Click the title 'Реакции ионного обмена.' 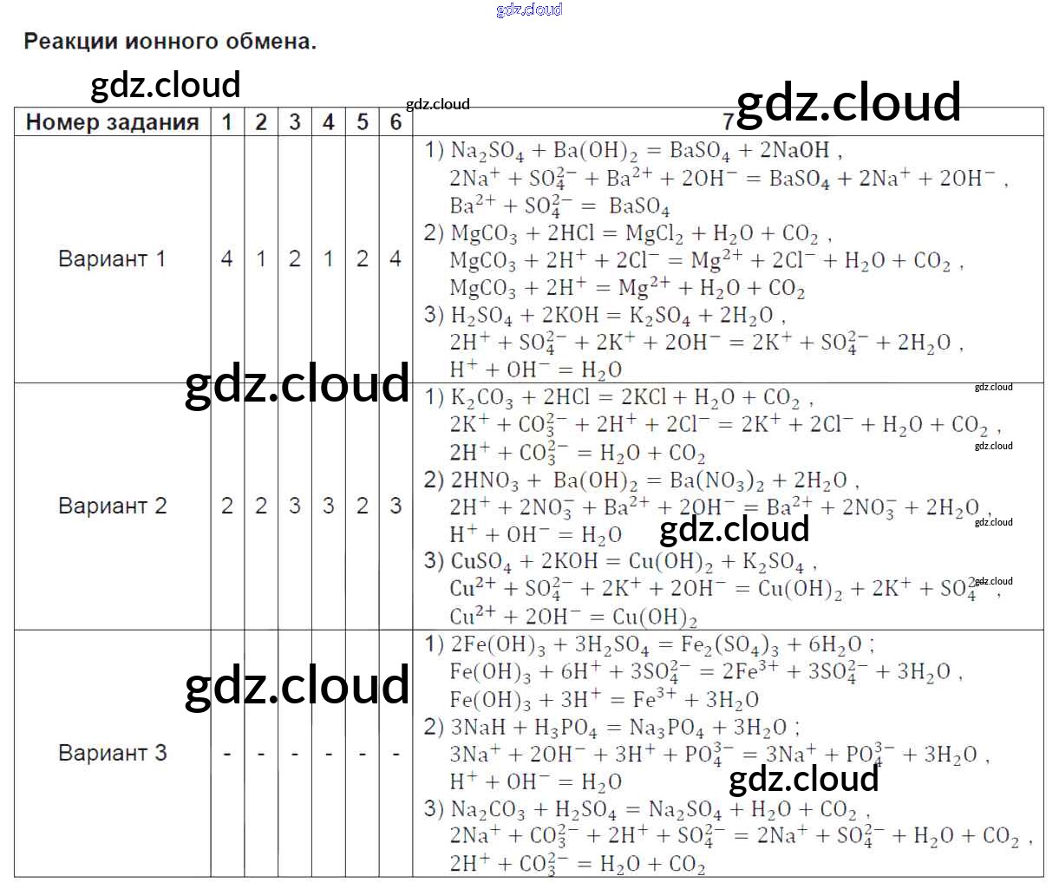170,41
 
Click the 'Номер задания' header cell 113,122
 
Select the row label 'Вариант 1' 112,258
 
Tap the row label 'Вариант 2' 112,506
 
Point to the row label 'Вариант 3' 112,752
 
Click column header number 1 227,122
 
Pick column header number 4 328,122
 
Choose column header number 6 395,122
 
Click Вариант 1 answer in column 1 227,258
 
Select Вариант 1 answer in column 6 395,258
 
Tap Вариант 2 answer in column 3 295,506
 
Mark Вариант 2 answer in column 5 363,506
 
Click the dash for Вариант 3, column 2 261,754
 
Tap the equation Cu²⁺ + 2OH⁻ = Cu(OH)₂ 573,617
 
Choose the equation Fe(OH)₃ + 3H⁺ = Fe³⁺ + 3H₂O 605,699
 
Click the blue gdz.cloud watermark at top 529,10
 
